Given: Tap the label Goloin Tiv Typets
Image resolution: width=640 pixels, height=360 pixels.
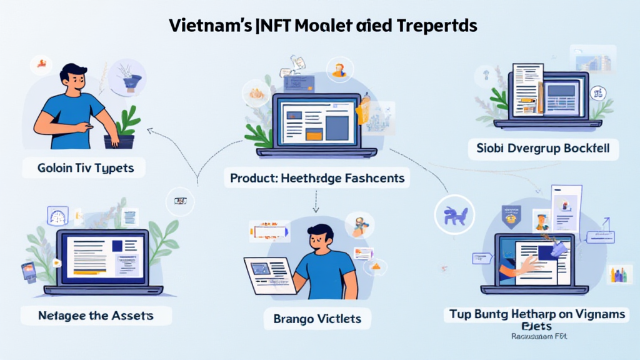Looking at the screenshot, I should coord(82,168).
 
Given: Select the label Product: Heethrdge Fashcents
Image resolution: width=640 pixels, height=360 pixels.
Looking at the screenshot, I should coord(317,178).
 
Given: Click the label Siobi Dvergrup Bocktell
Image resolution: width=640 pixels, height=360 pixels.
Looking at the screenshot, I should coord(543,149).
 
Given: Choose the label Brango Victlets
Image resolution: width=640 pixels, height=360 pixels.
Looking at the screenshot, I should coord(317,319).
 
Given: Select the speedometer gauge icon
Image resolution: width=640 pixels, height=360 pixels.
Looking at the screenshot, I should coord(57,216).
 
